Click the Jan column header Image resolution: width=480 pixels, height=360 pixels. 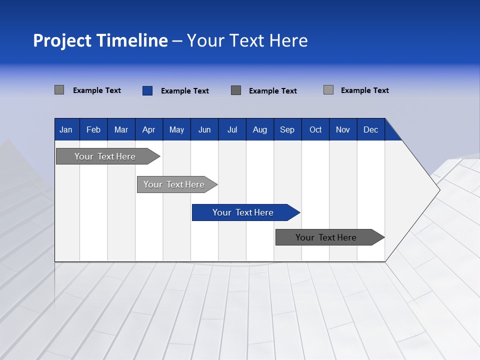(x=66, y=129)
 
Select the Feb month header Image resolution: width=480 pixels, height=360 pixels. (x=93, y=129)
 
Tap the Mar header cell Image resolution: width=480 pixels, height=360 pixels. (x=121, y=129)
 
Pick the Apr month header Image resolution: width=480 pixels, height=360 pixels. (x=149, y=129)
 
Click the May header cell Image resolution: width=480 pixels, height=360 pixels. (x=176, y=129)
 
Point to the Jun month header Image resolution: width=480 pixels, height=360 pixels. (x=204, y=129)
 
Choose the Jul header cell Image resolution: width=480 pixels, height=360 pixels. (x=232, y=129)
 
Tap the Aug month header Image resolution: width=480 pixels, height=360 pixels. (x=260, y=129)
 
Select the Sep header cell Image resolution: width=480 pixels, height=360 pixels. (x=287, y=129)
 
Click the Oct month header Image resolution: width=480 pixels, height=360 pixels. (x=315, y=129)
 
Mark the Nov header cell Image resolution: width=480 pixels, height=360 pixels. (x=343, y=129)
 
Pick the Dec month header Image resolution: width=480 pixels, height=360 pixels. (x=371, y=129)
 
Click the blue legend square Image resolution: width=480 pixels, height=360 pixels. (x=147, y=90)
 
